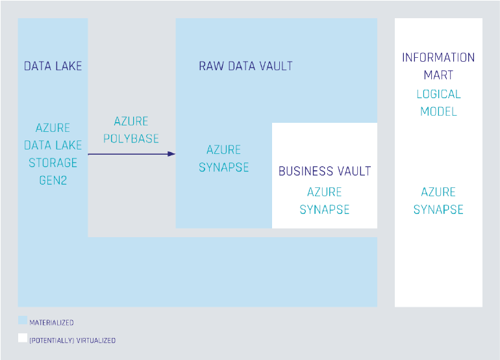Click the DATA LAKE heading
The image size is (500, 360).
point(53,66)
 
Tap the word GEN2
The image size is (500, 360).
point(53,180)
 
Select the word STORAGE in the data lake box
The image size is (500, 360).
point(53,162)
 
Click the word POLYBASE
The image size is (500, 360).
point(131,138)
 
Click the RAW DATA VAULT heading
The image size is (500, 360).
point(245,66)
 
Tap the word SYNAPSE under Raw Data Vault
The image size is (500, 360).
point(223,167)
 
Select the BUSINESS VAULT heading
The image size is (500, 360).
point(324,172)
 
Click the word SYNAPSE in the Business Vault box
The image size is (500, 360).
point(324,209)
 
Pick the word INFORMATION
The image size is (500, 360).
point(438,57)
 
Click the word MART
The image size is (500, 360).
point(438,75)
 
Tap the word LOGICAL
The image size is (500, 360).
point(438,94)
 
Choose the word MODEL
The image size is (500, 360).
point(438,111)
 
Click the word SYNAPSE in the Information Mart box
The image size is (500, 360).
point(438,209)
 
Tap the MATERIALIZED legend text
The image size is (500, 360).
point(52,322)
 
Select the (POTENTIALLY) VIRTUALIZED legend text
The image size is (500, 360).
point(73,340)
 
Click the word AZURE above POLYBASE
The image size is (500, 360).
point(131,122)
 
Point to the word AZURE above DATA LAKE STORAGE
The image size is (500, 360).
point(53,128)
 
